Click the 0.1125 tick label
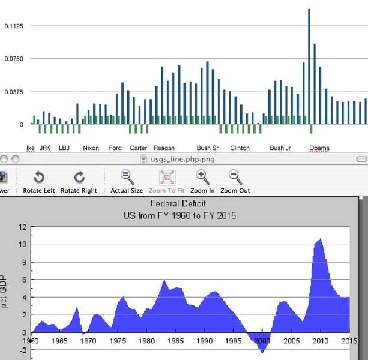coord(13,26)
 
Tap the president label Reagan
coord(164,148)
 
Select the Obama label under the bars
coord(319,148)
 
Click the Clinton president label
coord(240,148)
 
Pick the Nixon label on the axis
coord(91,148)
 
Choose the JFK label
coord(45,148)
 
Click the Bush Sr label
coord(207,148)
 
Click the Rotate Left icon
coord(39,177)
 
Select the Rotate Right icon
coord(79,177)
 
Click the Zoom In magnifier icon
coord(202,177)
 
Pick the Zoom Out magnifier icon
coord(235,177)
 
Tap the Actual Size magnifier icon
coord(127,177)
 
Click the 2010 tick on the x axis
coord(321,341)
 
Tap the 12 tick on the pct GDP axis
coord(23,227)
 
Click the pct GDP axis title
coord(5,292)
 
